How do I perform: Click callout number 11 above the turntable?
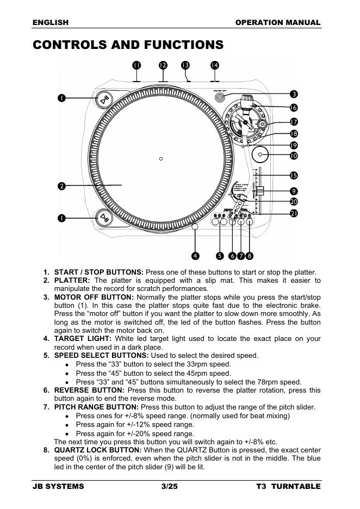pos(136,65)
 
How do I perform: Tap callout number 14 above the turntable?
pos(214,65)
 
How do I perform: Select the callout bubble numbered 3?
pos(294,95)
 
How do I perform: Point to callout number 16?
pos(294,108)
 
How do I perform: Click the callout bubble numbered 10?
pos(294,156)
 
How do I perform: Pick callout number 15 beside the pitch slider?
pos(294,175)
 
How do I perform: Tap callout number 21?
pos(294,213)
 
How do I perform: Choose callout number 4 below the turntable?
pos(195,255)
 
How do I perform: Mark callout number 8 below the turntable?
pos(249,255)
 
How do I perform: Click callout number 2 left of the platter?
pos(62,186)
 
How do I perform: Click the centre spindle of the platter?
pos(161,159)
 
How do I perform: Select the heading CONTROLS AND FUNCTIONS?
pos(128,45)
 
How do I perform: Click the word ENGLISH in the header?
pos(51,22)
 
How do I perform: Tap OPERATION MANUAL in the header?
pos(278,22)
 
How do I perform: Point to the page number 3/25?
pos(169,486)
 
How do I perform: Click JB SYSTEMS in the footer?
pos(59,486)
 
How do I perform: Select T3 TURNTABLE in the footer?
pos(288,486)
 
